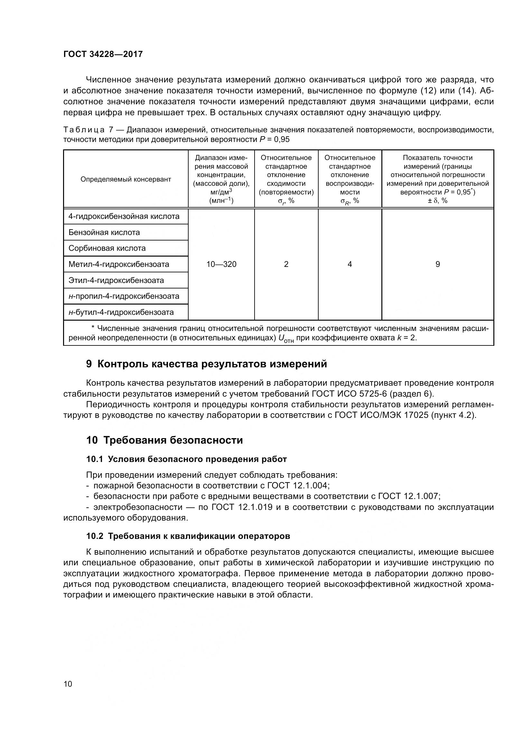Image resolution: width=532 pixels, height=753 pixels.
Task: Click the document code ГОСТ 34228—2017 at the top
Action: click(x=103, y=54)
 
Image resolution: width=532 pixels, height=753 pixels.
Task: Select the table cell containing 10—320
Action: click(x=221, y=264)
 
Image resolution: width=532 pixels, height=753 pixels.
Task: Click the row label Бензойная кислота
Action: click(x=104, y=232)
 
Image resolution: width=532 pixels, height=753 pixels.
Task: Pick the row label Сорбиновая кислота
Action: click(x=107, y=248)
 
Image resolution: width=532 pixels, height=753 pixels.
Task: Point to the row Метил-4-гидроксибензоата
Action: click(x=119, y=264)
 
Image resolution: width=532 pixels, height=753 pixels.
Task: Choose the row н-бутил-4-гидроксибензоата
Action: click(x=121, y=312)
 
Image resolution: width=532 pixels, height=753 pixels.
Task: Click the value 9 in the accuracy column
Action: click(x=437, y=264)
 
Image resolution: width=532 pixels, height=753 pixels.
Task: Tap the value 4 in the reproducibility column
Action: click(x=350, y=264)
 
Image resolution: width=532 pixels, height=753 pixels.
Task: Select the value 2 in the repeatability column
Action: click(x=286, y=264)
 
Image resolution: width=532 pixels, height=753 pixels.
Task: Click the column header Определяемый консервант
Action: click(x=126, y=179)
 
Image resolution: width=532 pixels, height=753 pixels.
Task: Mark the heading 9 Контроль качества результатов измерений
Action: click(x=207, y=364)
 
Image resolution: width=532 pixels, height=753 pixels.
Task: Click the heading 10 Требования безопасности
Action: click(x=164, y=440)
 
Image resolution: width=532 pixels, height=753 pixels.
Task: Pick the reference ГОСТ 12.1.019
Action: click(x=242, y=507)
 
